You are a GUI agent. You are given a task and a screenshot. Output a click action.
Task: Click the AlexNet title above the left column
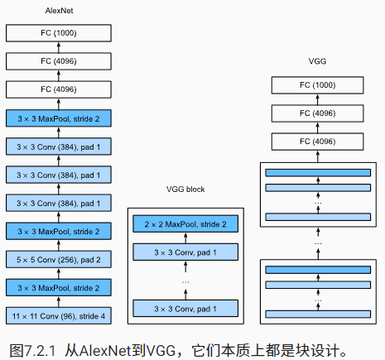coord(57,11)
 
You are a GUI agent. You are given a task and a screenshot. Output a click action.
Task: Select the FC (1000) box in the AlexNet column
coord(57,33)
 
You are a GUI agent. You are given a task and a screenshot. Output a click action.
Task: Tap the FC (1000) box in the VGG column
coord(318,84)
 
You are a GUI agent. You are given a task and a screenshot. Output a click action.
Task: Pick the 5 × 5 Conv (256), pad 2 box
coord(57,259)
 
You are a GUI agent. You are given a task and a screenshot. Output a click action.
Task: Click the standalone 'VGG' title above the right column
coord(318,63)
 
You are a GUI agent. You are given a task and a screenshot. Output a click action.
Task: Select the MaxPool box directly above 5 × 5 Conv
coord(57,231)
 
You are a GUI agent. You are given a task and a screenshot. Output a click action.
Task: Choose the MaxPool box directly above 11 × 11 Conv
coord(57,287)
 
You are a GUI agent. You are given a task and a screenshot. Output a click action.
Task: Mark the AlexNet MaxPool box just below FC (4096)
coord(57,118)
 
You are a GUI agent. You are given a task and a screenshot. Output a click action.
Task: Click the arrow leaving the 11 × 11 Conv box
coord(57,302)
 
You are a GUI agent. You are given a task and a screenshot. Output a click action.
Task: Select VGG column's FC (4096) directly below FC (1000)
coord(318,113)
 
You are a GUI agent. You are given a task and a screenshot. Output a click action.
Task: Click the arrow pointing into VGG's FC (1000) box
coord(318,98)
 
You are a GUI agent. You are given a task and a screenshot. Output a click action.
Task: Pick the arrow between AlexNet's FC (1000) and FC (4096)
coord(57,47)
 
